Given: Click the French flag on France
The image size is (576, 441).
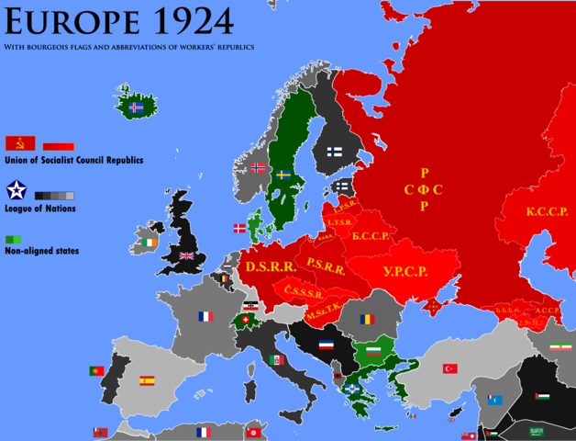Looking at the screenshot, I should click(205, 316).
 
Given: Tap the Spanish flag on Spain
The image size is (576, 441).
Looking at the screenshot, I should click(147, 379).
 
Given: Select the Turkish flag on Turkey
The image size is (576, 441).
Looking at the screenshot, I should click(450, 368).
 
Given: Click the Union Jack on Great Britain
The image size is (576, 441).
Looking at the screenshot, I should click(187, 255).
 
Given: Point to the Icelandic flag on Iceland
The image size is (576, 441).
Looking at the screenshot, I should click(137, 107).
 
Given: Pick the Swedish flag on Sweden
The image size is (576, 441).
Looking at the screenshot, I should click(284, 175).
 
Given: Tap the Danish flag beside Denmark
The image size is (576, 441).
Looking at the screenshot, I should click(241, 228).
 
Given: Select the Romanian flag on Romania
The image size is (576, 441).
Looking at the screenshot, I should click(367, 319).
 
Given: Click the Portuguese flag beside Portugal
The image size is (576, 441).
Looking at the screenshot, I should click(96, 371).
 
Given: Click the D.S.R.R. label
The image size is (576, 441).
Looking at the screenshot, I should click(269, 266).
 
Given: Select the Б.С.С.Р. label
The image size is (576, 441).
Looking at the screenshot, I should click(371, 235).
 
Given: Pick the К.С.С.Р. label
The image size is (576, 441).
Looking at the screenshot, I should click(547, 210).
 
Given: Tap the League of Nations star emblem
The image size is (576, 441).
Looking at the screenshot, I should click(17, 191).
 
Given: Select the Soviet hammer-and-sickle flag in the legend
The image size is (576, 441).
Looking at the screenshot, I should click(20, 143).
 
